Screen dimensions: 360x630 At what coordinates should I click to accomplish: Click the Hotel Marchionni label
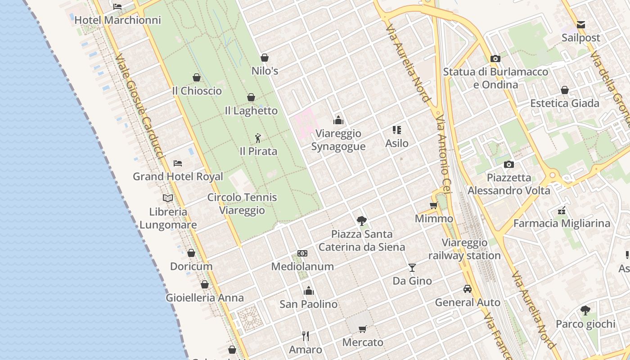pyautogui.click(x=117, y=20)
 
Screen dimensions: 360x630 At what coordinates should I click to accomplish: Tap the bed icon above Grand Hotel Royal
pyautogui.click(x=178, y=163)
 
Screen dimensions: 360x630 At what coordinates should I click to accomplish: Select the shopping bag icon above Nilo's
pyautogui.click(x=265, y=58)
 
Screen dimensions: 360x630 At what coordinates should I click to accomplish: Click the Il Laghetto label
pyautogui.click(x=251, y=111)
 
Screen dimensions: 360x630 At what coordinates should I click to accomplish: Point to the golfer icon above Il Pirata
pyautogui.click(x=258, y=138)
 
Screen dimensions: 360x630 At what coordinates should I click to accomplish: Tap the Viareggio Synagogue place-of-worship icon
pyautogui.click(x=338, y=120)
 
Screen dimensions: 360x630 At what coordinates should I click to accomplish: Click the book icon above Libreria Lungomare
pyautogui.click(x=168, y=198)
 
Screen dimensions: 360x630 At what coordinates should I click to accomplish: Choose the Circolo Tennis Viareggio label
pyautogui.click(x=242, y=204)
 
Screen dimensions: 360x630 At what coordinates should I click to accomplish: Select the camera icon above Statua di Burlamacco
pyautogui.click(x=495, y=58)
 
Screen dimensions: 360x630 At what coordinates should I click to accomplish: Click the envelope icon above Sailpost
pyautogui.click(x=581, y=25)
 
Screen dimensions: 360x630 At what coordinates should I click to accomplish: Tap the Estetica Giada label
pyautogui.click(x=565, y=103)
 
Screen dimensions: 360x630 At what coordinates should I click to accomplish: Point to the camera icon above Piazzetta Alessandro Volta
pyautogui.click(x=509, y=164)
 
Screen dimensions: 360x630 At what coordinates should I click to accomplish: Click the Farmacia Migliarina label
pyautogui.click(x=562, y=223)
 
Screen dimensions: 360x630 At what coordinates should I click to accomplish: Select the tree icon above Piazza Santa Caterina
pyautogui.click(x=361, y=220)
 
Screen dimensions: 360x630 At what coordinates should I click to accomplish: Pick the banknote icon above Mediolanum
pyautogui.click(x=302, y=253)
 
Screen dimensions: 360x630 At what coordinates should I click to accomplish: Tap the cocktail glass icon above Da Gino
pyautogui.click(x=412, y=268)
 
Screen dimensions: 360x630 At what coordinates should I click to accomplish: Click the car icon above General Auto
pyautogui.click(x=468, y=289)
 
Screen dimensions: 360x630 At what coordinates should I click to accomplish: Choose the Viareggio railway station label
pyautogui.click(x=464, y=249)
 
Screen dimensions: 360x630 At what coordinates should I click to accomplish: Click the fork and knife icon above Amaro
pyautogui.click(x=306, y=336)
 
